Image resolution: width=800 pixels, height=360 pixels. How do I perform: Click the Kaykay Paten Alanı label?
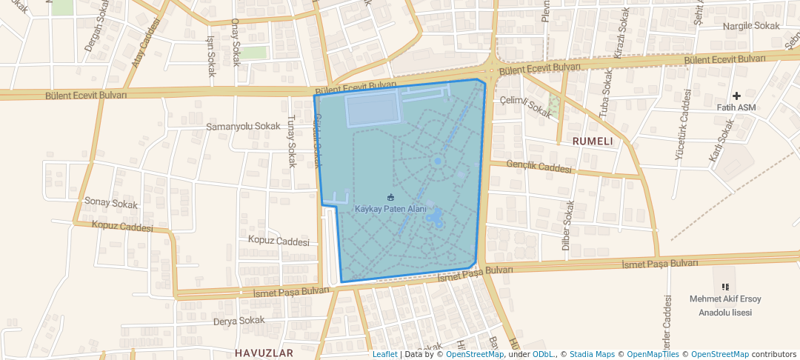click(x=390, y=209)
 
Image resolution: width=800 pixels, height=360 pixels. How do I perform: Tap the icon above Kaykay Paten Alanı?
click(x=391, y=197)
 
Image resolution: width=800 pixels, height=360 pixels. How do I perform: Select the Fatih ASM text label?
click(x=736, y=107)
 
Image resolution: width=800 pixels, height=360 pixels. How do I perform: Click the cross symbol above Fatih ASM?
click(x=736, y=96)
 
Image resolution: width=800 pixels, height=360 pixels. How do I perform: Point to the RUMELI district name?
click(x=593, y=141)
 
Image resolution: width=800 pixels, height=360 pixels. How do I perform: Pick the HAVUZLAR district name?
click(x=264, y=353)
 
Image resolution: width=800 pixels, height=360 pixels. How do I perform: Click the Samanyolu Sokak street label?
click(x=243, y=127)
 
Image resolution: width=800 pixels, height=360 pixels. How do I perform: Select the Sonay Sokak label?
click(x=112, y=202)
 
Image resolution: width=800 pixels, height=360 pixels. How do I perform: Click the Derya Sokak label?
click(x=239, y=321)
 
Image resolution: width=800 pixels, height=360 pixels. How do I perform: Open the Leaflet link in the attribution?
click(x=384, y=354)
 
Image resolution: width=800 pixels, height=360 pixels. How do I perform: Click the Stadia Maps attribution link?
click(x=592, y=354)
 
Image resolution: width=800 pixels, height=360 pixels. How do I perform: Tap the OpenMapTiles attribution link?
click(x=650, y=354)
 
